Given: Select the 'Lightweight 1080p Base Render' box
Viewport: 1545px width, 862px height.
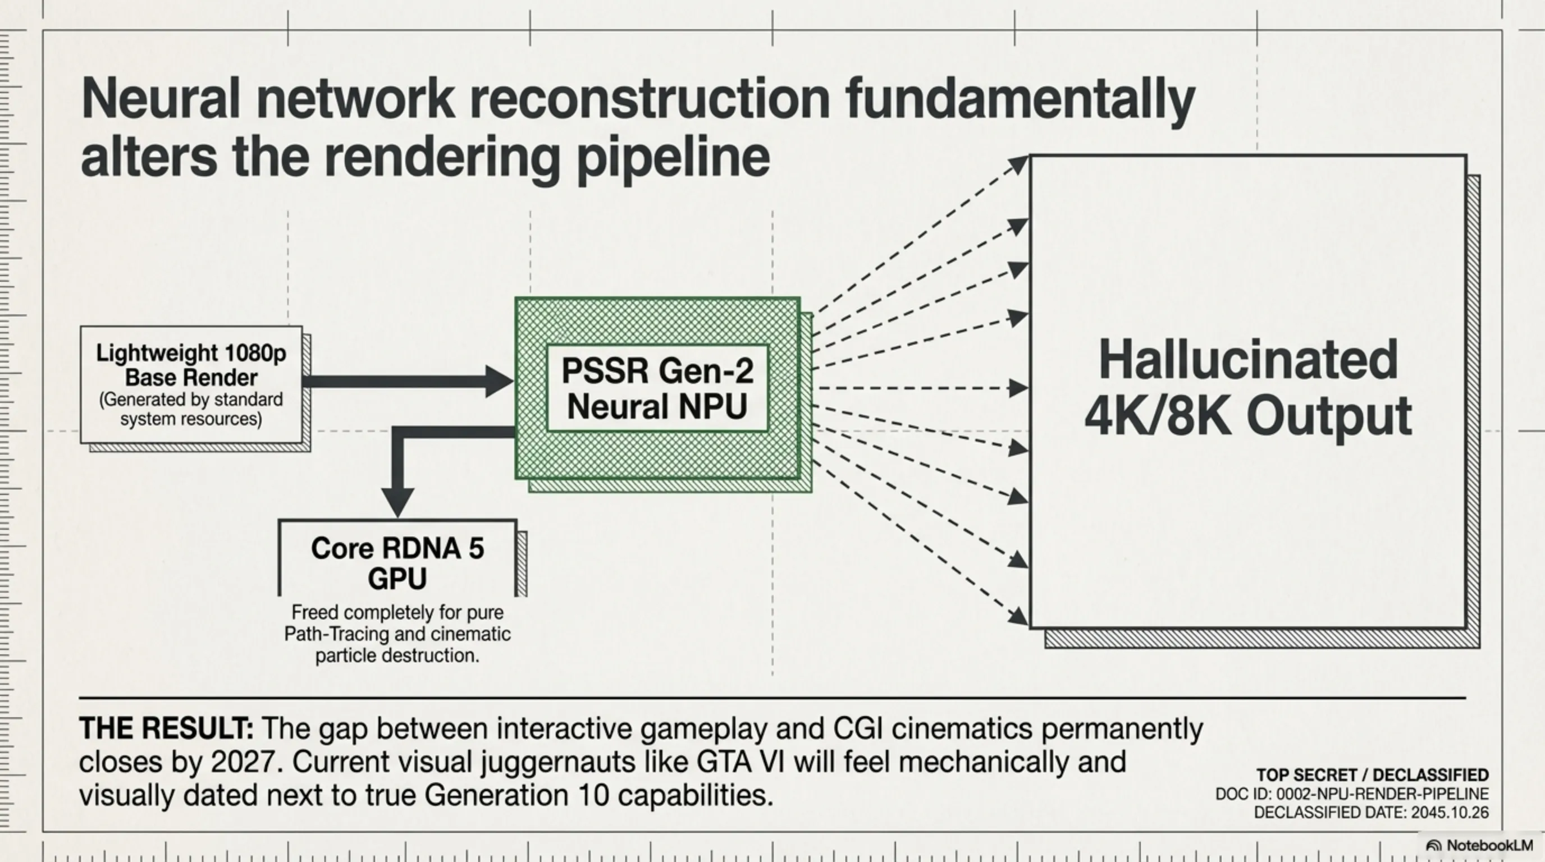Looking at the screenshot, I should (x=191, y=384).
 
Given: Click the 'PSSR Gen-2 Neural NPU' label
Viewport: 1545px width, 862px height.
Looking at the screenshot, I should (x=657, y=388).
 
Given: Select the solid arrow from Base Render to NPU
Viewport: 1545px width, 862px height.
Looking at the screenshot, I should (x=402, y=381).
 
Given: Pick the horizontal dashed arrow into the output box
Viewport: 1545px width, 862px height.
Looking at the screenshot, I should (x=918, y=388).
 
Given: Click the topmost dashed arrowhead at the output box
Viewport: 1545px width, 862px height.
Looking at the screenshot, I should (x=1018, y=164).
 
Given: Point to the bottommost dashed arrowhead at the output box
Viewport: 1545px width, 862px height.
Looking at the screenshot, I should (x=1018, y=616).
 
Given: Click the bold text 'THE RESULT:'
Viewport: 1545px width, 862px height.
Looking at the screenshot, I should (x=166, y=729).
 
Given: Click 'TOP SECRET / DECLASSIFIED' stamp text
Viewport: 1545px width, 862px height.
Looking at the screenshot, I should (x=1372, y=775).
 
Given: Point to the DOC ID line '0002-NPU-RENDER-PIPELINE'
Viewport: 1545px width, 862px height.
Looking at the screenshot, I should (x=1382, y=794).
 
